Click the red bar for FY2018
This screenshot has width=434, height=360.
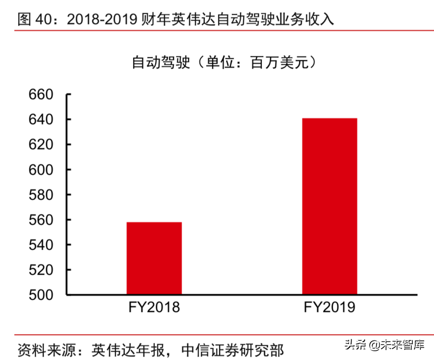(154, 258)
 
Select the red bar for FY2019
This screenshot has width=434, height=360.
(329, 206)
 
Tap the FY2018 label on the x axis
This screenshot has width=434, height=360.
(154, 308)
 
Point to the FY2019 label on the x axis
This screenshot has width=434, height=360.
(329, 308)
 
